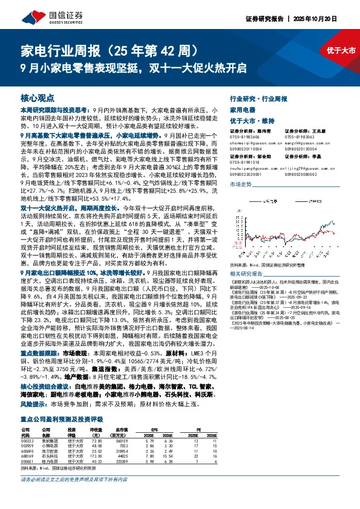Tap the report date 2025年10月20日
(x=335, y=19)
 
